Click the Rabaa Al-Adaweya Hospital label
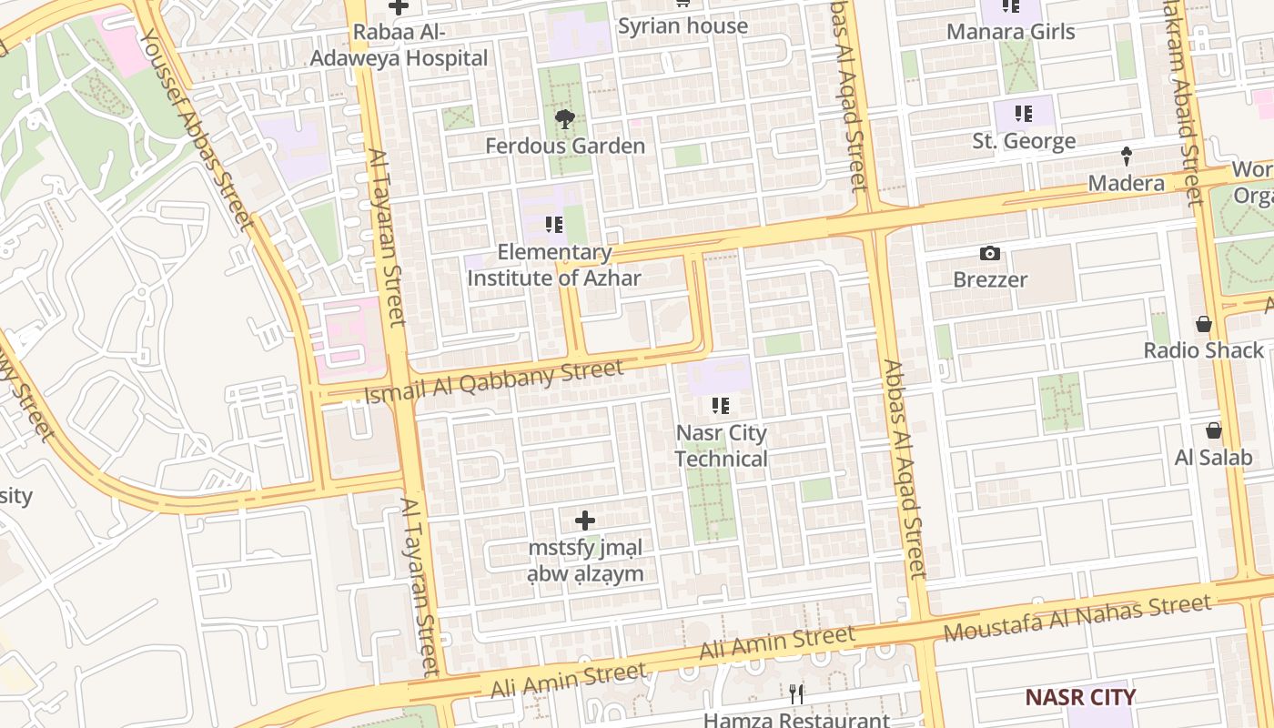click(399, 45)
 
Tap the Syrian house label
click(682, 25)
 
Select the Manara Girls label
click(1010, 32)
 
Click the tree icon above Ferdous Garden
click(564, 118)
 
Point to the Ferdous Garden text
click(564, 146)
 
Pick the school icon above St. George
click(1024, 114)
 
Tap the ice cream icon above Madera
click(1127, 157)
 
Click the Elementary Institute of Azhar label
click(554, 266)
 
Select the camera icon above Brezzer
click(990, 253)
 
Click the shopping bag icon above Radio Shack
click(1204, 324)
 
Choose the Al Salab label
click(1213, 457)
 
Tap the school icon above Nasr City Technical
click(721, 406)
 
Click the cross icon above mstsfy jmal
click(585, 521)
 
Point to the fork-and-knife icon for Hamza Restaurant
click(796, 694)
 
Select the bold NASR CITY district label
click(1080, 698)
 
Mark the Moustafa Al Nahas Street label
click(1077, 617)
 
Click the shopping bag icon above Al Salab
click(1213, 430)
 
